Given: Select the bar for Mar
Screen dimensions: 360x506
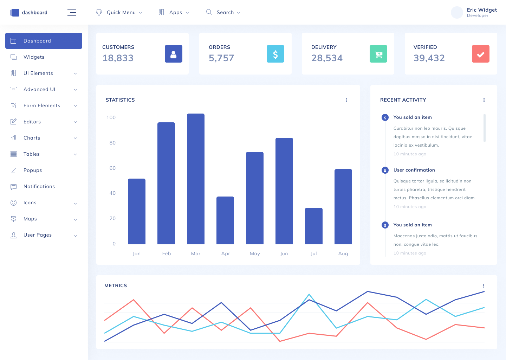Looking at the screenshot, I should tap(196, 179).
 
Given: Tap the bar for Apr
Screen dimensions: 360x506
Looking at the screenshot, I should tap(225, 220).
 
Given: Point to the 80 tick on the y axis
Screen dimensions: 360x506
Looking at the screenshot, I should tap(112, 143).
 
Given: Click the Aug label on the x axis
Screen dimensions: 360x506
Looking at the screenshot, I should tap(343, 253).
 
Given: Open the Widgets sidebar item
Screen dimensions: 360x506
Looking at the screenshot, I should tap(34, 57).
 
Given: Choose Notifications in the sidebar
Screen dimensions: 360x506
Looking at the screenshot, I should tap(39, 186).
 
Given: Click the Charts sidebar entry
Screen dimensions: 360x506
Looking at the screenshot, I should tap(32, 138).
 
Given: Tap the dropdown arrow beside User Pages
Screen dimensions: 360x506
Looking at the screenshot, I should tap(75, 236).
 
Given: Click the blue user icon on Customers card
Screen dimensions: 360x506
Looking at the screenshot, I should tap(174, 54).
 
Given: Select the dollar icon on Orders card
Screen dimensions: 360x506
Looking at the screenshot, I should tap(275, 54).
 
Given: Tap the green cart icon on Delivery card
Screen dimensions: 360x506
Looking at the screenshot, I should tap(378, 54).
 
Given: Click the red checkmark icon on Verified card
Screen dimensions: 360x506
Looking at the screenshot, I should tap(481, 54).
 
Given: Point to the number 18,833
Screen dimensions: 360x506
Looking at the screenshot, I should tap(118, 58).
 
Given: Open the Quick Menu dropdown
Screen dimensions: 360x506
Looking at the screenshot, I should tap(119, 12).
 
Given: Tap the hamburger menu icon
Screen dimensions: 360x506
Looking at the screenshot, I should tap(72, 12).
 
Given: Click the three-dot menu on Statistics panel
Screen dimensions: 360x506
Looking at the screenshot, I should tap(346, 100).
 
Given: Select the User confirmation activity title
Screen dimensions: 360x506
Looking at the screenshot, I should tap(414, 170).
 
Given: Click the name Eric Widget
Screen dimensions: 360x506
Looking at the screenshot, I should tap(482, 10).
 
